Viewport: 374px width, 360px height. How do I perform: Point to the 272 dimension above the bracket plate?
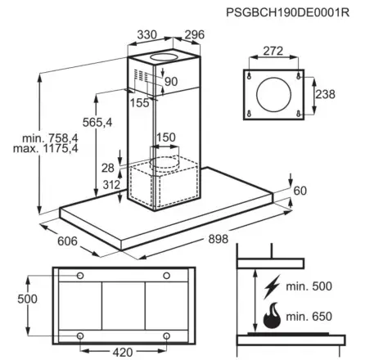(x=273, y=52)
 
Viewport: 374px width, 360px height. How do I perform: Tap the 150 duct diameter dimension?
(x=166, y=137)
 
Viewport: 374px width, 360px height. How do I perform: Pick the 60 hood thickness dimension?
(x=300, y=191)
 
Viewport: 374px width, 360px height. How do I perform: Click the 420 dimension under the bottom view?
(x=122, y=352)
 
